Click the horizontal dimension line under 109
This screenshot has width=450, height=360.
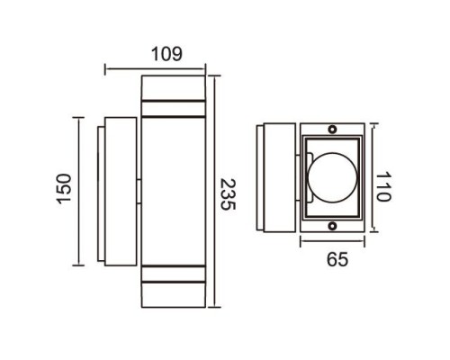click(158, 67)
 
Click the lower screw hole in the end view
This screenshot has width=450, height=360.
click(333, 225)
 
